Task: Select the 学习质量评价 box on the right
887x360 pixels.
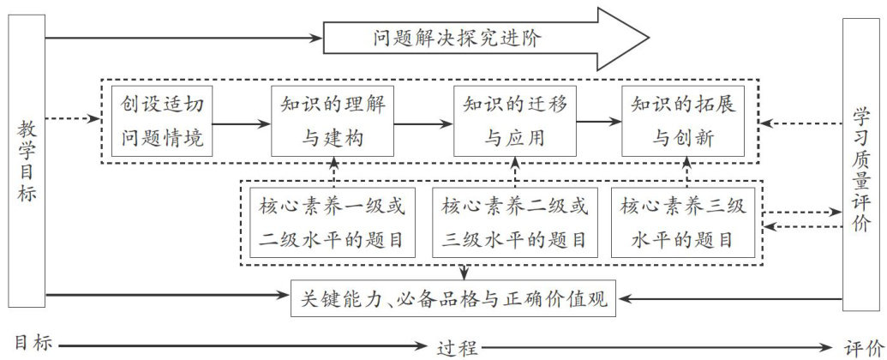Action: (860, 163)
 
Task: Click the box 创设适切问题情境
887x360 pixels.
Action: (163, 122)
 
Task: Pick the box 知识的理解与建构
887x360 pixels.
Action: (333, 122)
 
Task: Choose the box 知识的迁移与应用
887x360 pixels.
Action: (515, 122)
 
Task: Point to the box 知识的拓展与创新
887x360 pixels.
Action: (683, 122)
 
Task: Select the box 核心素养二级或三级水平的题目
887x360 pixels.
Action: (515, 223)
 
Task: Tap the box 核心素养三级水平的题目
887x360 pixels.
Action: (683, 223)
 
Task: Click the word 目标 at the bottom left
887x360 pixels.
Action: (34, 345)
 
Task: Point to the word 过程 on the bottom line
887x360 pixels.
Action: (454, 346)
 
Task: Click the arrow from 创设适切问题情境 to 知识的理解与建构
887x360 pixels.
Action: (243, 123)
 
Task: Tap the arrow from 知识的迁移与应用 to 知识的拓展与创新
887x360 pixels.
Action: (599, 123)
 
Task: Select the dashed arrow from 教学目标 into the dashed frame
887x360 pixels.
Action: (72, 119)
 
